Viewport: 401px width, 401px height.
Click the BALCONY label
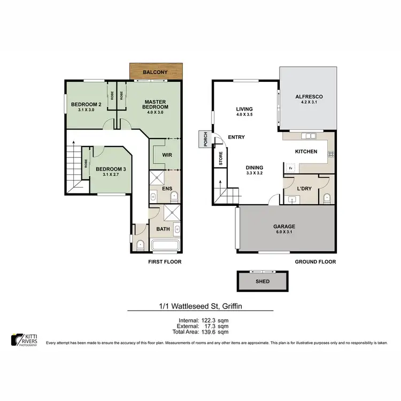(156, 72)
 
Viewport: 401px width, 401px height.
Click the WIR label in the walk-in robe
(166, 155)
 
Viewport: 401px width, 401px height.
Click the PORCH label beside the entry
(204, 139)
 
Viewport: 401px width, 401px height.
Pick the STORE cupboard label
(220, 158)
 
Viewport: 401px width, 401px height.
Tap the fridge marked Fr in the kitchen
(290, 169)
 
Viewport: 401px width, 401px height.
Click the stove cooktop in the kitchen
(331, 153)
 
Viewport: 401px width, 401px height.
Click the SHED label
(263, 281)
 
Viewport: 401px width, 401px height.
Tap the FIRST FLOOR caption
(165, 262)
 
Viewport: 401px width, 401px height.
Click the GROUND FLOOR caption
(315, 262)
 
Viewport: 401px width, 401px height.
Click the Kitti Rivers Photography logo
(24, 339)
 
